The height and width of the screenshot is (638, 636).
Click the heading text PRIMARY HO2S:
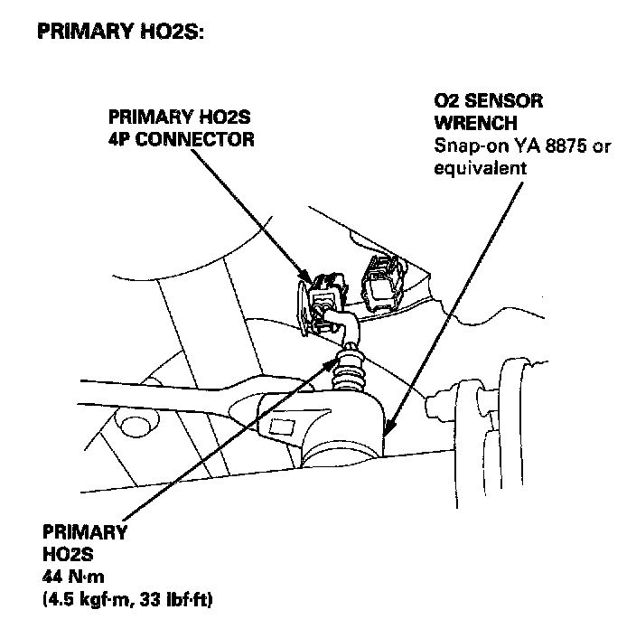pos(121,33)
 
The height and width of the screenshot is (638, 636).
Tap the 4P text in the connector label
pos(120,139)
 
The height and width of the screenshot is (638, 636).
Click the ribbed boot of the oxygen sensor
pos(351,372)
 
